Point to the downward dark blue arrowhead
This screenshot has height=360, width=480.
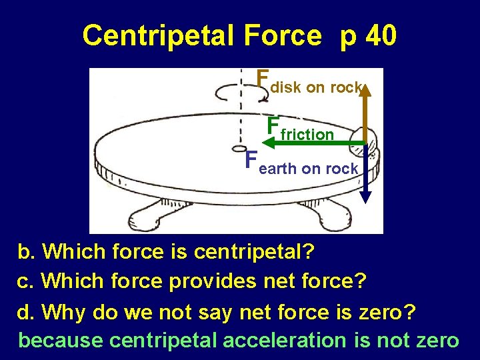(366, 197)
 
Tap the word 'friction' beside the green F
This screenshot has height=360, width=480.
(307, 135)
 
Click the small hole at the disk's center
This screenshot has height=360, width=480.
(236, 149)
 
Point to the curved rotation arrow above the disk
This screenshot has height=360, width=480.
(241, 93)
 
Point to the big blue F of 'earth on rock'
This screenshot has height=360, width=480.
(251, 161)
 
